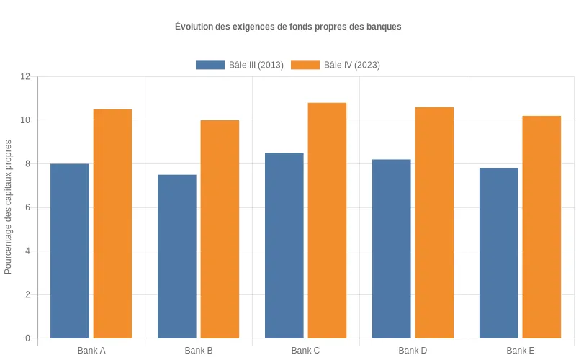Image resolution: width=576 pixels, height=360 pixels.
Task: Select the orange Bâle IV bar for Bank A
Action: click(112, 223)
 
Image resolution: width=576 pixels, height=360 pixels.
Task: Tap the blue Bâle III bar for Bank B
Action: click(177, 256)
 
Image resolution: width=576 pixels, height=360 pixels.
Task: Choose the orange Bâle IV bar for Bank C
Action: click(327, 220)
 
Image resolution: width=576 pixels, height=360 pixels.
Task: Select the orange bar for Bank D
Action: click(434, 222)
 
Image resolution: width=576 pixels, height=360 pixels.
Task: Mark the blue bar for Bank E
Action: click(498, 253)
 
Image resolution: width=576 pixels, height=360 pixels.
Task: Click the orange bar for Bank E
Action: click(541, 227)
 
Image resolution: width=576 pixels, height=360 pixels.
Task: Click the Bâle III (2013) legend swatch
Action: click(210, 65)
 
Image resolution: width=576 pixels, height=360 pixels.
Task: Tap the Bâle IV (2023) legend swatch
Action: click(305, 65)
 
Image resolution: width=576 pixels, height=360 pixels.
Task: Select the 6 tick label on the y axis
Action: click(27, 207)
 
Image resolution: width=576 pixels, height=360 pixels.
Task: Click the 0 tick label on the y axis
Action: click(27, 338)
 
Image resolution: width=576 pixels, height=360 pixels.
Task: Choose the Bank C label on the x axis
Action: click(305, 351)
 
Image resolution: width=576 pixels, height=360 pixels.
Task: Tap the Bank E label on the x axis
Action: click(520, 351)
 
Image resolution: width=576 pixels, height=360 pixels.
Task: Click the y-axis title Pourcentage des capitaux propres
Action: click(9, 207)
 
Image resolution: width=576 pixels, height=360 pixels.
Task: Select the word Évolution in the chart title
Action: click(194, 27)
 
